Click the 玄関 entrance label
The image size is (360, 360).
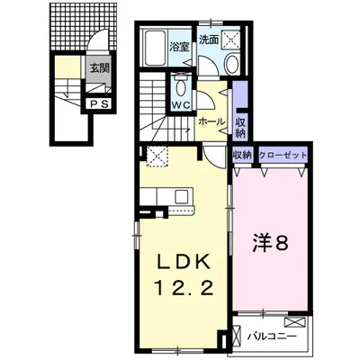click(99, 68)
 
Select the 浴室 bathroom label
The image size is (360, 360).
click(179, 47)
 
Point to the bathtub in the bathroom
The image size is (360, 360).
click(155, 48)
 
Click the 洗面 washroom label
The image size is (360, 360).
click(209, 40)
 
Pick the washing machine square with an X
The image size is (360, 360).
click(231, 39)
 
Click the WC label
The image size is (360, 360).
click(181, 105)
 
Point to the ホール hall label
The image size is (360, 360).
click(211, 121)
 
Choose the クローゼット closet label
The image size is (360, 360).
click(283, 156)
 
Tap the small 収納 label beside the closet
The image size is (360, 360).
click(242, 156)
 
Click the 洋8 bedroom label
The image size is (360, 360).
click(270, 244)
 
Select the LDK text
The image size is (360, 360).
click(184, 262)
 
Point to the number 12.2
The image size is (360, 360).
click(184, 289)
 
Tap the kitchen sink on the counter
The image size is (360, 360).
click(182, 196)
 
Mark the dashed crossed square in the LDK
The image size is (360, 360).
click(157, 156)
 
